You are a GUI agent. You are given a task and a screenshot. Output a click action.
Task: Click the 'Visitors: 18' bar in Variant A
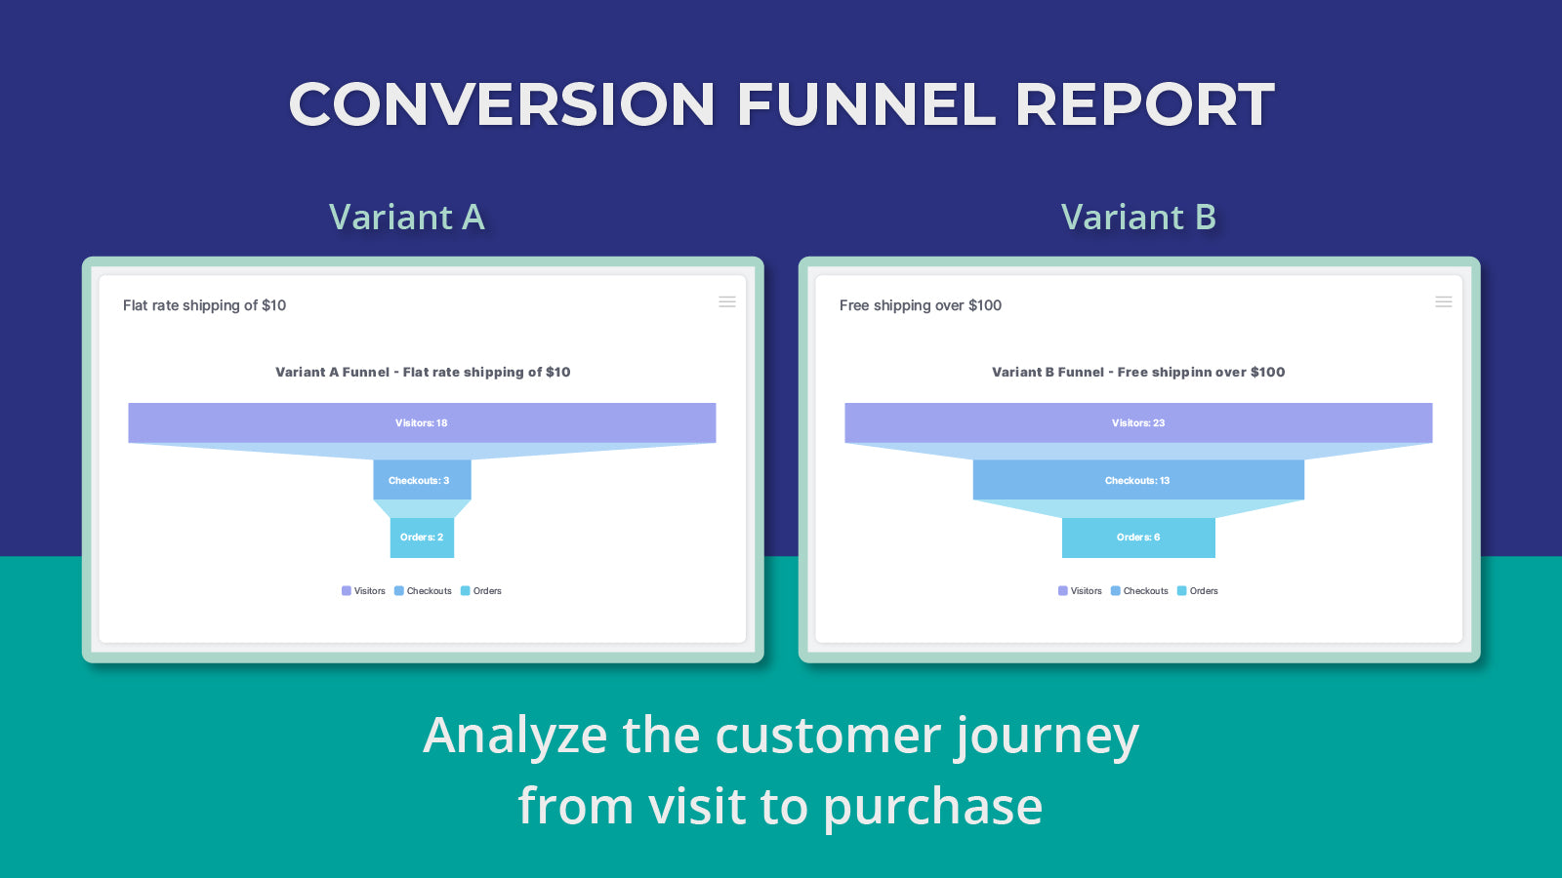tap(422, 423)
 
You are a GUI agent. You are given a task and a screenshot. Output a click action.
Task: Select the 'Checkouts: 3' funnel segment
tap(422, 480)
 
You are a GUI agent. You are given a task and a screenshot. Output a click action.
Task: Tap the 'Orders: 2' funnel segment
tap(422, 538)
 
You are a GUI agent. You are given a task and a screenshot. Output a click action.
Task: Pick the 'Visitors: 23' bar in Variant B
tap(1138, 423)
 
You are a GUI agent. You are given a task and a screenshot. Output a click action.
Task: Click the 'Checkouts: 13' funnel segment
tap(1138, 480)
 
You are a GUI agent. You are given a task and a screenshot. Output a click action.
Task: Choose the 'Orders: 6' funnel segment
tap(1138, 538)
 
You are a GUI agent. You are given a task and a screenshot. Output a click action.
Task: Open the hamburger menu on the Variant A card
tap(727, 302)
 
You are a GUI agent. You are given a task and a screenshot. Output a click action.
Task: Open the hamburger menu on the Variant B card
tap(1444, 302)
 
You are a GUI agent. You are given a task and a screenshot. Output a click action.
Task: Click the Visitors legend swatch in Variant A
tap(347, 591)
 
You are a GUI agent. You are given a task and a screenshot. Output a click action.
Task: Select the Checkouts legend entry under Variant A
tap(424, 591)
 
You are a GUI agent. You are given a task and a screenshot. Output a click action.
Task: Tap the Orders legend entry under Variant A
tap(481, 591)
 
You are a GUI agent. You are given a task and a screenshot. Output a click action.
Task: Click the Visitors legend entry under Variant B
tap(1080, 591)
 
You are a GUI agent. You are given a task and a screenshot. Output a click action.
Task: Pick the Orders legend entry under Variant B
tap(1198, 591)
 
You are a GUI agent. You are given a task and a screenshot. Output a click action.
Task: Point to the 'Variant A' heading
tap(406, 217)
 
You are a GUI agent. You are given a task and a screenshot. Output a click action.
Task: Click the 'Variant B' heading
tap(1138, 217)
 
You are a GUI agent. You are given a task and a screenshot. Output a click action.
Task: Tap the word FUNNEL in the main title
tap(865, 104)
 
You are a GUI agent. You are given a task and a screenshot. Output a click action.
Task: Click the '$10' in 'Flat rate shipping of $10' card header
tap(274, 305)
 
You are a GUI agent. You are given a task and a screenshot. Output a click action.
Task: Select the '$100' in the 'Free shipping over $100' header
tap(985, 305)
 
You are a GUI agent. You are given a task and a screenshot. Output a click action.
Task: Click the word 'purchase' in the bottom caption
tap(932, 808)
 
